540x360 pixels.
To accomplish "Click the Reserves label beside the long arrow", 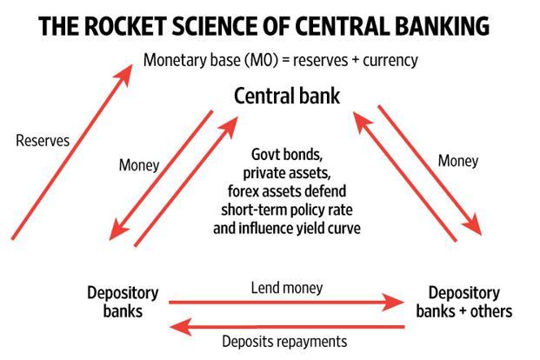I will click(x=43, y=140).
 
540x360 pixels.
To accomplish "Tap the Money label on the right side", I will click(x=458, y=161).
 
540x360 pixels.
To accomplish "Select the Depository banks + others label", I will click(x=464, y=301).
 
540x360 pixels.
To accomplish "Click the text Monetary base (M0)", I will click(x=206, y=61).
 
